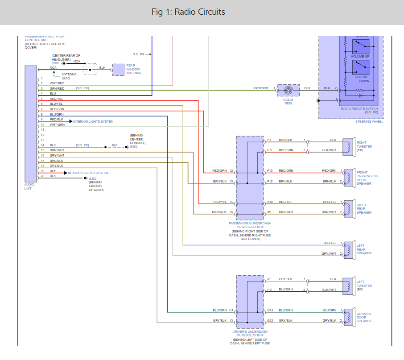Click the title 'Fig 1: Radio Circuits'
click(x=188, y=12)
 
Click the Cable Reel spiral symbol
click(x=288, y=91)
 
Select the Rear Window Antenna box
click(x=118, y=70)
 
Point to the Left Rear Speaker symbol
click(x=347, y=249)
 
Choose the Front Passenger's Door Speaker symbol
click(x=347, y=176)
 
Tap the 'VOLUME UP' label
click(x=360, y=57)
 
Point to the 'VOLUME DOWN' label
click(x=362, y=79)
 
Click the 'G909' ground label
click(x=55, y=63)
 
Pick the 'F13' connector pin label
click(x=270, y=171)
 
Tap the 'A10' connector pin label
click(x=269, y=202)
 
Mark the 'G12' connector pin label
click(x=270, y=321)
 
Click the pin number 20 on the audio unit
click(x=42, y=176)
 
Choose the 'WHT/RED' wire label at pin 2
click(x=57, y=83)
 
